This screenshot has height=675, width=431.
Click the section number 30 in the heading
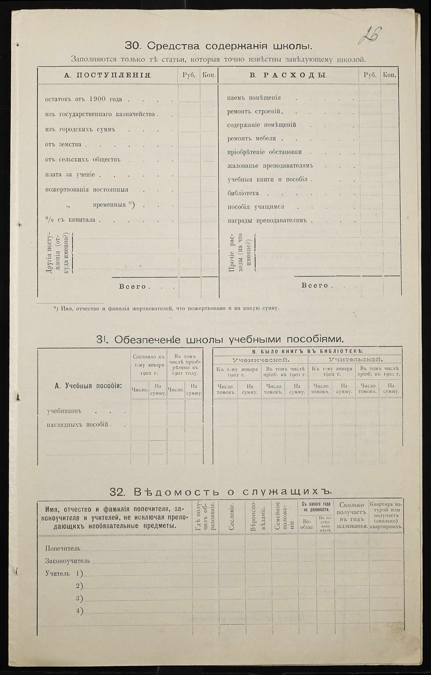pyautogui.click(x=131, y=46)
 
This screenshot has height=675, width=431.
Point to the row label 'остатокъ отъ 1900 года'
pyautogui.click(x=83, y=99)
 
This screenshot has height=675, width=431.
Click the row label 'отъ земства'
pyautogui.click(x=63, y=145)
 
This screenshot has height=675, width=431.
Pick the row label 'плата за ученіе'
pyautogui.click(x=70, y=175)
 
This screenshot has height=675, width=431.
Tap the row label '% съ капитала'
pyautogui.click(x=70, y=220)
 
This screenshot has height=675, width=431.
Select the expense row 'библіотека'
pyautogui.click(x=243, y=193)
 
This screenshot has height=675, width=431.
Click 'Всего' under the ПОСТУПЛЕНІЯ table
pyautogui.click(x=133, y=287)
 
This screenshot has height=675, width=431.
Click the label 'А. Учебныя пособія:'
pyautogui.click(x=88, y=386)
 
